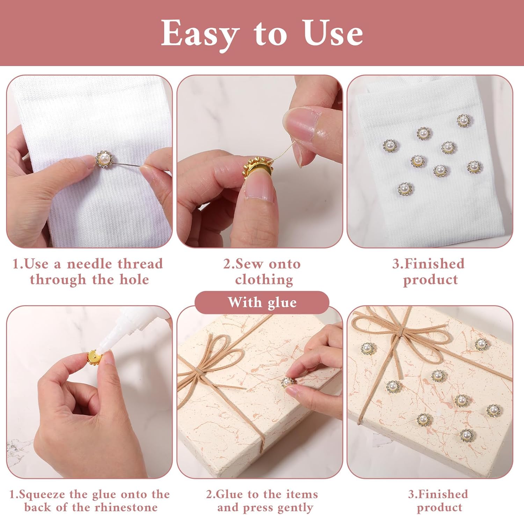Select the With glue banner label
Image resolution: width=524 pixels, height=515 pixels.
(262, 303)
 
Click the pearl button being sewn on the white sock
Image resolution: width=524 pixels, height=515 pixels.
(104, 159)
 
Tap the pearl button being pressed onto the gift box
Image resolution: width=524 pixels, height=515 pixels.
(287, 382)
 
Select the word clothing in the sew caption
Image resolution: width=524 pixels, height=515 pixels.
(264, 280)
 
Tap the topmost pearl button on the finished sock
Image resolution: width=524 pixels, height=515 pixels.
(464, 121)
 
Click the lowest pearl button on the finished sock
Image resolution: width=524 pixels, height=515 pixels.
(405, 189)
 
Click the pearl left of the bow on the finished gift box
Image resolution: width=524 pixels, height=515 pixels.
(367, 348)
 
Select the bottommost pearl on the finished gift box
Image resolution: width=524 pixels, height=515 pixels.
(466, 435)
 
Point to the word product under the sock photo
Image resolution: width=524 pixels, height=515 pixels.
(430, 280)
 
